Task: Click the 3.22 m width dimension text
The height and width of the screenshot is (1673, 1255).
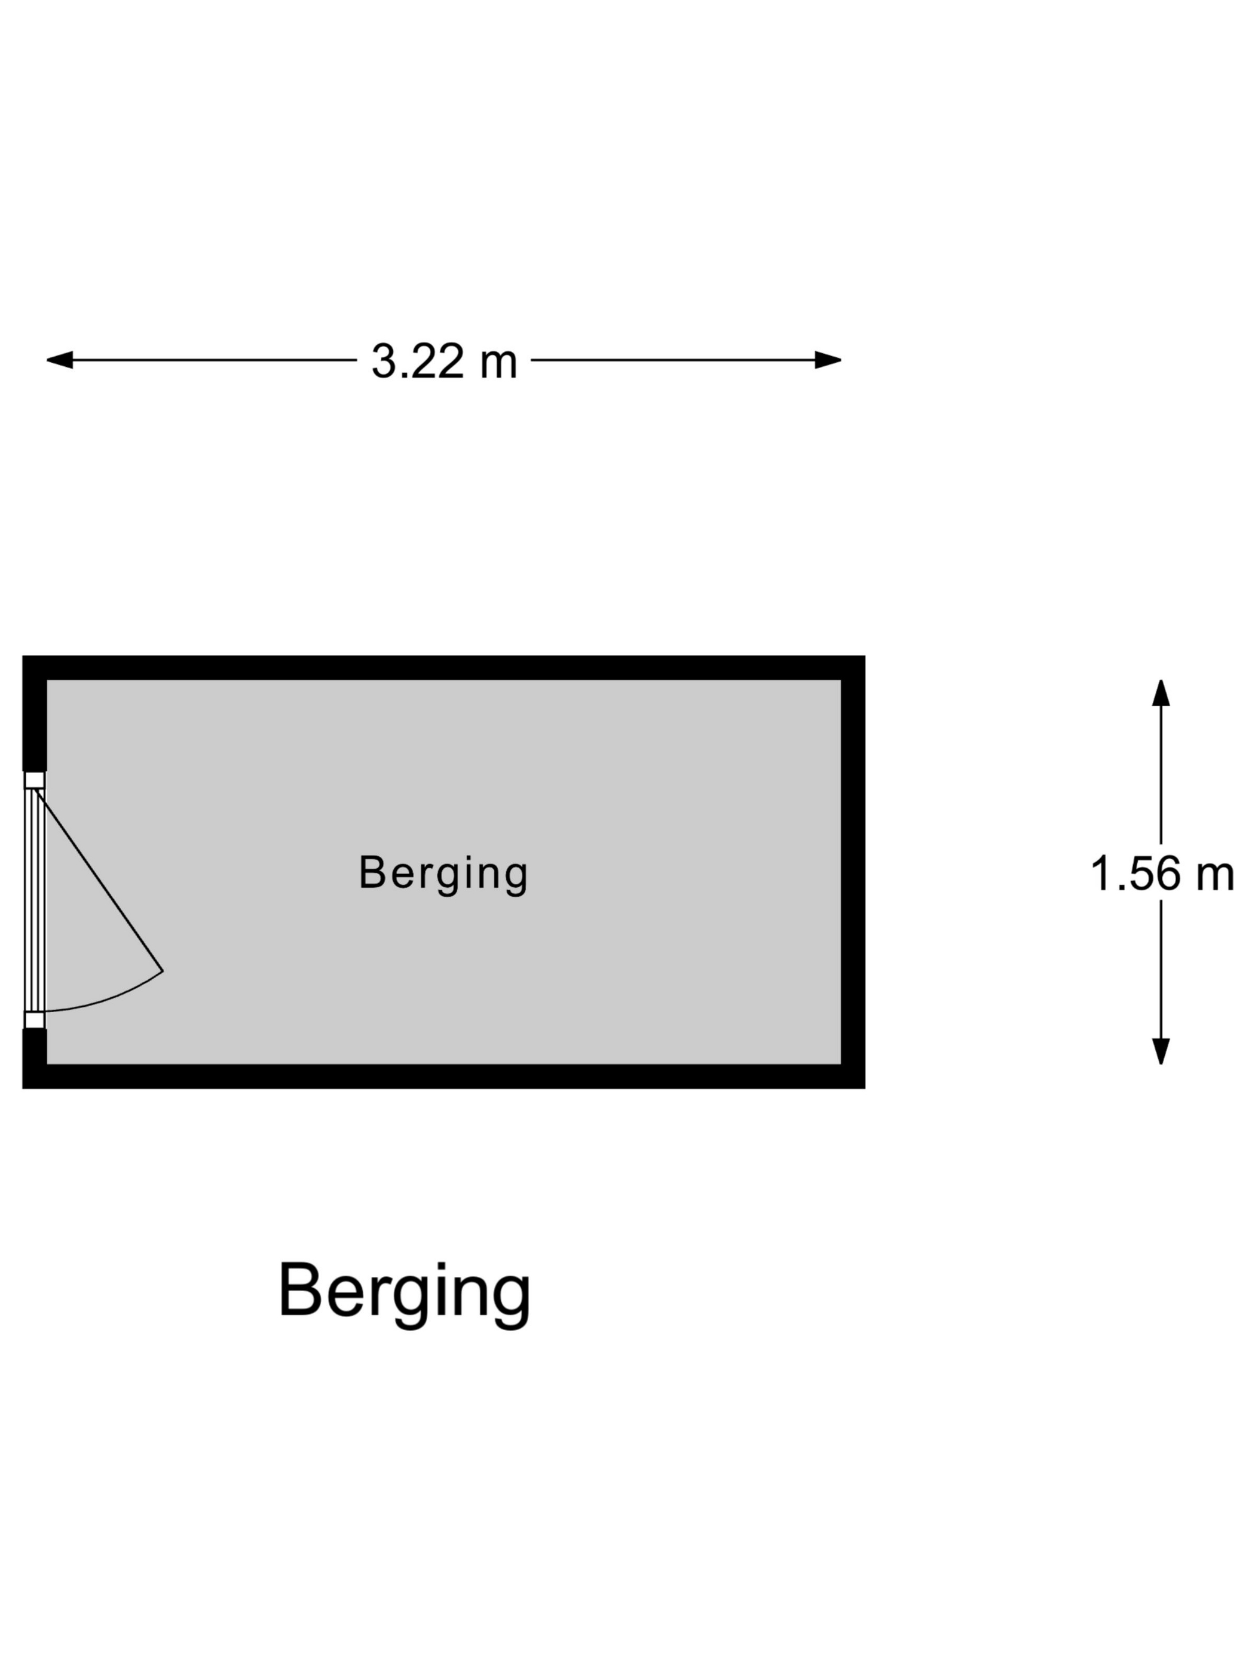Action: [444, 361]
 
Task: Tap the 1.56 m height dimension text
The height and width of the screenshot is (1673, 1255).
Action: [1162, 874]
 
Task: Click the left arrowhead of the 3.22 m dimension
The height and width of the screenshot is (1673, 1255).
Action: [60, 360]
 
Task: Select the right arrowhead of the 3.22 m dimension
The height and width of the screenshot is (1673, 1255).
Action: [828, 360]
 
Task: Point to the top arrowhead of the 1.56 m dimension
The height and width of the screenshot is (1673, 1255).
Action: [1161, 693]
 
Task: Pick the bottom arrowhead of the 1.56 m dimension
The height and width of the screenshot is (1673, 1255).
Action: [1161, 1051]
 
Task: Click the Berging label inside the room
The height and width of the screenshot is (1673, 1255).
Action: [443, 874]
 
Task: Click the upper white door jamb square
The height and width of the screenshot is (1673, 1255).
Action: [35, 780]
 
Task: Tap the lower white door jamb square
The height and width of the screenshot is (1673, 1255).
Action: [35, 1021]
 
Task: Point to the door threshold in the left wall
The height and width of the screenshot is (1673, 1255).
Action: [35, 900]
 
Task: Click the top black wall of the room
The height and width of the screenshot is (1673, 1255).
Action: [443, 668]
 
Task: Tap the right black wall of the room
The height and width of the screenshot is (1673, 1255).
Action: [853, 872]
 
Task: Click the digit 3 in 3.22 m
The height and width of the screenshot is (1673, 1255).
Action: [384, 361]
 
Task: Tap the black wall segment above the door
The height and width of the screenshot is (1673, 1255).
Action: [35, 713]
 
